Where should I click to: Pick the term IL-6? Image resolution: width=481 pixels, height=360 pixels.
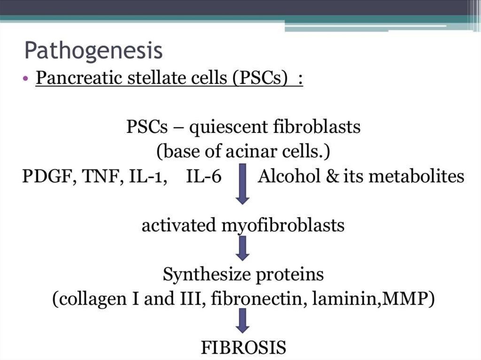pos(203,177)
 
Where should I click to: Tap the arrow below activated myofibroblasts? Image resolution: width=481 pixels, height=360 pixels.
pos(242,249)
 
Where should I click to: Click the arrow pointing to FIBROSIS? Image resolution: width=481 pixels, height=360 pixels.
pos(242,321)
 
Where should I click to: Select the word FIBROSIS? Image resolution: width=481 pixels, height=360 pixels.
pos(243,348)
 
